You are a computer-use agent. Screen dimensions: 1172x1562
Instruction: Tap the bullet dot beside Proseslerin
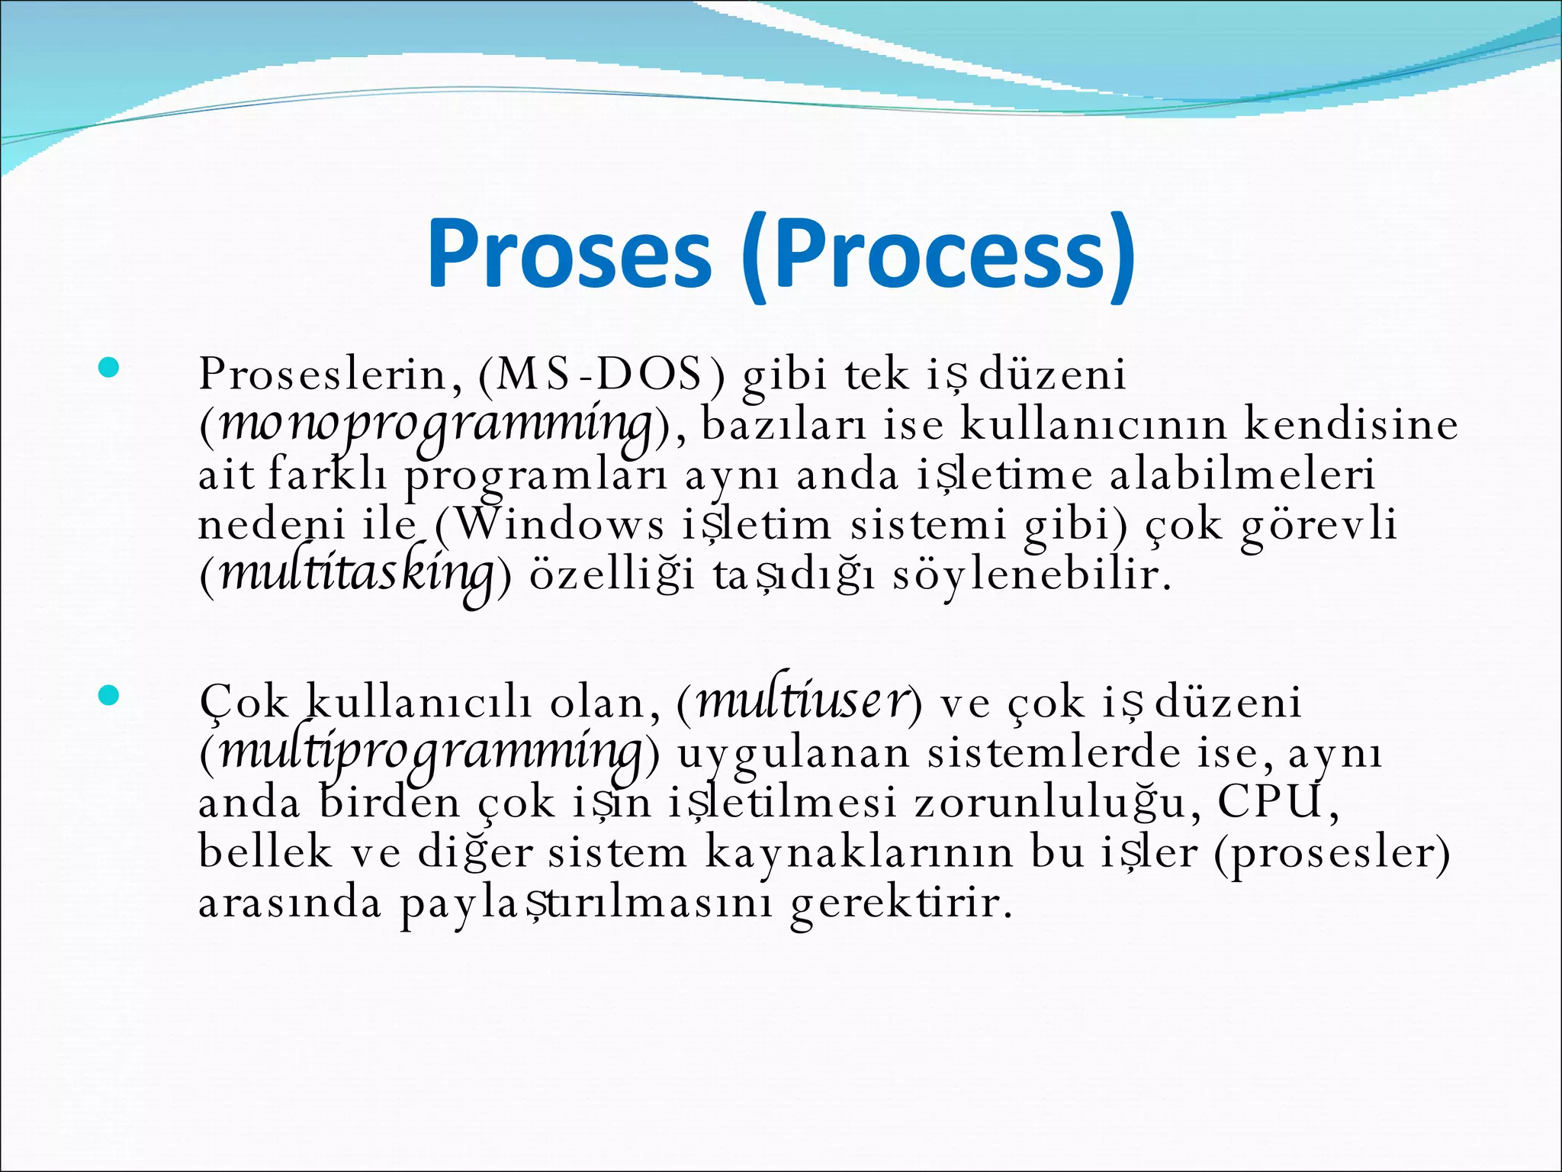coord(109,369)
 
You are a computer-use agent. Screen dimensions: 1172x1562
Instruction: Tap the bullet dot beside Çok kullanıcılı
coord(109,695)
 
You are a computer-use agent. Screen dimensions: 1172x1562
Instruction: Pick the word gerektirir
coord(902,903)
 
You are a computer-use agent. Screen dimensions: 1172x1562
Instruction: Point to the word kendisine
coord(1351,425)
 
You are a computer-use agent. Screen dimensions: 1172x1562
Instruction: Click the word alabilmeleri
coord(1242,475)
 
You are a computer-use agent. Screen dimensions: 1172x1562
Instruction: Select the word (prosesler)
coord(1332,853)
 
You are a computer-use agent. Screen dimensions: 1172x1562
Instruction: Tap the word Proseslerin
coord(330,375)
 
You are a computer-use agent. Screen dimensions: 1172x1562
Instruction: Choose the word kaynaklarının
coord(860,853)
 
